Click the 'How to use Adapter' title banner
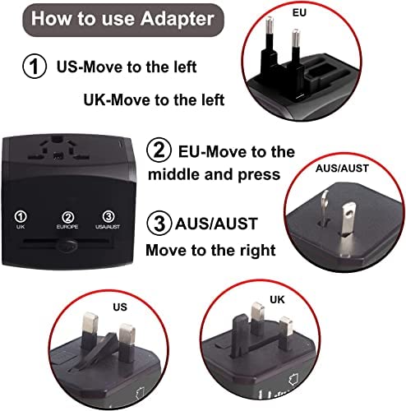pyautogui.click(x=123, y=20)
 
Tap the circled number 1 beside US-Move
pyautogui.click(x=35, y=67)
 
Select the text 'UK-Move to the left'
pyautogui.click(x=154, y=99)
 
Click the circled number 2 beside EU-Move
pyautogui.click(x=159, y=150)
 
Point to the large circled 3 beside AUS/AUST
pyautogui.click(x=159, y=223)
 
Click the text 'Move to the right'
pyautogui.click(x=210, y=251)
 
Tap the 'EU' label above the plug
pyautogui.click(x=299, y=12)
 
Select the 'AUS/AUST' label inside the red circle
pyautogui.click(x=342, y=169)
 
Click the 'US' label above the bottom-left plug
pyautogui.click(x=120, y=307)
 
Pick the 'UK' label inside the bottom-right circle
pyautogui.click(x=277, y=300)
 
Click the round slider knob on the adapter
pyautogui.click(x=67, y=246)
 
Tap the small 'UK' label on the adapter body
pyautogui.click(x=21, y=227)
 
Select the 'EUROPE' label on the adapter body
pyautogui.click(x=67, y=227)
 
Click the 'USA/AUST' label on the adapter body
pyautogui.click(x=108, y=227)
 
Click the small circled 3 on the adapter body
pyautogui.click(x=108, y=217)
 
